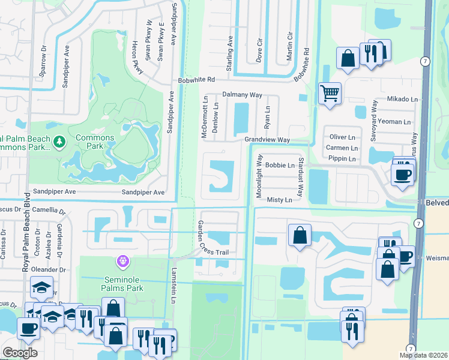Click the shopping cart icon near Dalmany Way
pos(330,93)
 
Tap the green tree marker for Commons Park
pos(59,142)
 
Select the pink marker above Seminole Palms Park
pos(123,261)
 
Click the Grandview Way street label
pos(267,140)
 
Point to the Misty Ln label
pos(279,200)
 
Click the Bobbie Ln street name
pos(280,165)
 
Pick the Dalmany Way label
pos(243,95)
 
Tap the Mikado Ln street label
pos(402,99)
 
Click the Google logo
pos(20,353)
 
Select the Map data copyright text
pos(423,355)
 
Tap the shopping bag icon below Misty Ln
pos(300,235)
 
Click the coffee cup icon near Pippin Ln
pos(402,175)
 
